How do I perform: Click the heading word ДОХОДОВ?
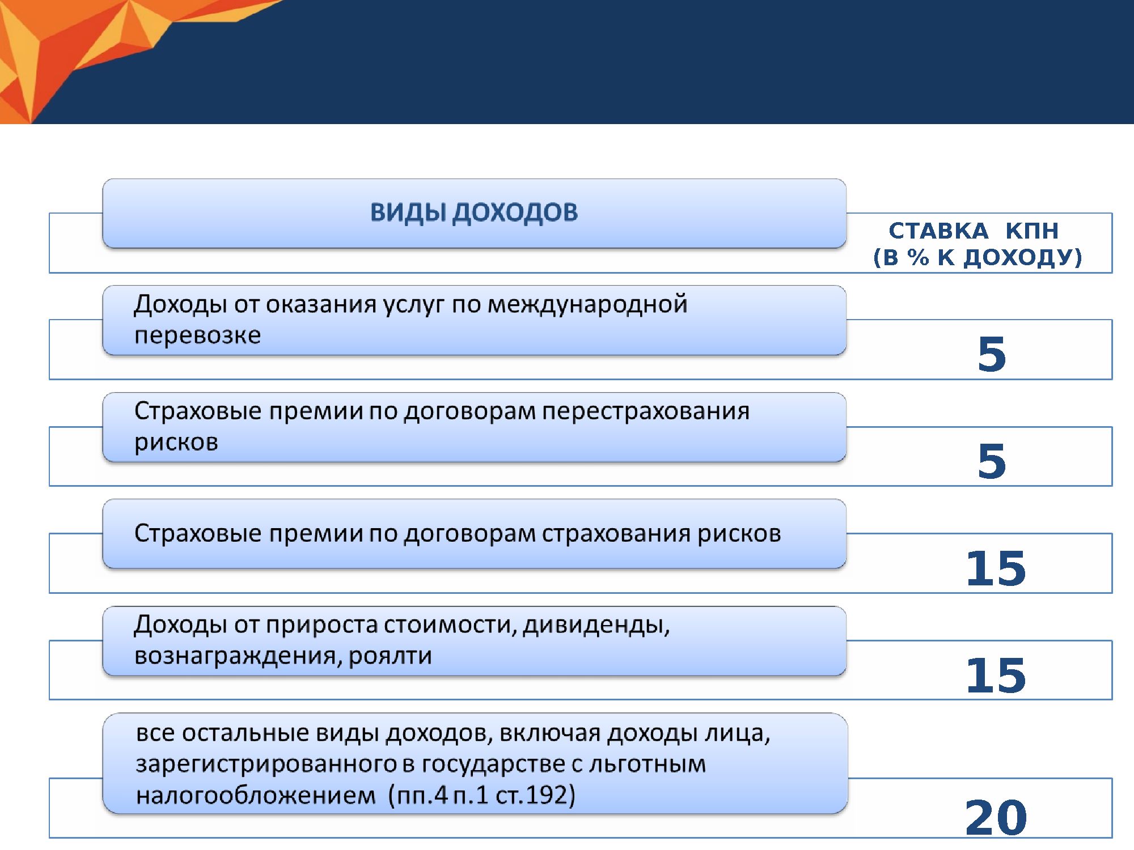tap(515, 212)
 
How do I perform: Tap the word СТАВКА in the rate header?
tap(938, 231)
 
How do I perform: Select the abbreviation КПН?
tap(1032, 231)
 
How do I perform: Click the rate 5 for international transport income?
tap(992, 354)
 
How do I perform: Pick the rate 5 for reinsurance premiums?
tap(992, 461)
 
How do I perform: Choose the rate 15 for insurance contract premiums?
tap(996, 568)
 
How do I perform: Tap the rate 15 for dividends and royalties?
tap(996, 675)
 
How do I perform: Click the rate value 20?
tap(996, 818)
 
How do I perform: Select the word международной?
tap(587, 305)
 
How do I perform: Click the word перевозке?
tap(198, 335)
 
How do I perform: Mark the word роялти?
tap(390, 656)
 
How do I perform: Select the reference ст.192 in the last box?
tap(535, 795)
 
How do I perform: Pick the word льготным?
tap(648, 764)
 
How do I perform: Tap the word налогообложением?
tap(256, 796)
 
